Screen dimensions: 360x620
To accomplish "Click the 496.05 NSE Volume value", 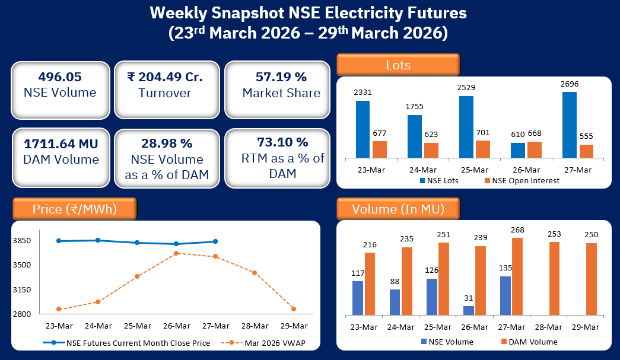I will point(60,77).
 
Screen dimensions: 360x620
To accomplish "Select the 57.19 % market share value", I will point(281,77).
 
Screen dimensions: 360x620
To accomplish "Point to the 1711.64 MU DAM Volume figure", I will point(60,144).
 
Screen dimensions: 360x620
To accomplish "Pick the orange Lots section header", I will point(398,65).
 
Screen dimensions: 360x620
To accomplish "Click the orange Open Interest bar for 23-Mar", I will point(380,149).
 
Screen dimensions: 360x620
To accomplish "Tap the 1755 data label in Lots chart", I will point(414,107).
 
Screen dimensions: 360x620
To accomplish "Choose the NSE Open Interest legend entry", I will point(522,180).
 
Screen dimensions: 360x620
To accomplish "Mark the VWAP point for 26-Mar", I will point(176,253).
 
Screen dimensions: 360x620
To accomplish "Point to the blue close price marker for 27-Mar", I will point(215,241).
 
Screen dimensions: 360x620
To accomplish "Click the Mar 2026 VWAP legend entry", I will point(264,342).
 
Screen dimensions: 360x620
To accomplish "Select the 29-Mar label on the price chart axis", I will point(294,326).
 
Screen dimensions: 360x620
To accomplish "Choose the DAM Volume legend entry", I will point(528,342).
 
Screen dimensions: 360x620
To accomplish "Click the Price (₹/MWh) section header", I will point(74,209).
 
